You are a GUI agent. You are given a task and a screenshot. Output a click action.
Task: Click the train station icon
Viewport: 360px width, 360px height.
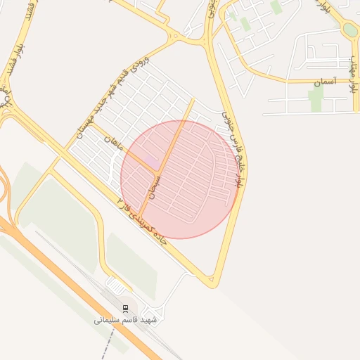coord(125,309)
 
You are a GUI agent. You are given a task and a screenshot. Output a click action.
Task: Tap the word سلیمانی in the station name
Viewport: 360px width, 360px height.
coord(107,320)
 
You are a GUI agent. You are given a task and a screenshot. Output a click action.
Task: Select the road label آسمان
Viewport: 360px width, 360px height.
coord(326,82)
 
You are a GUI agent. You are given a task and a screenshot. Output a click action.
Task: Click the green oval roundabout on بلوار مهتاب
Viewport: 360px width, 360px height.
coord(350,30)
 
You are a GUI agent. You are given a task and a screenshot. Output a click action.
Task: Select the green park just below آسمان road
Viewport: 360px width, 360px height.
coord(315,100)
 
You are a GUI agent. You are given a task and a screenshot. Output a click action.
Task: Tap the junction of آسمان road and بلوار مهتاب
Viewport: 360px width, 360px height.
coord(355,82)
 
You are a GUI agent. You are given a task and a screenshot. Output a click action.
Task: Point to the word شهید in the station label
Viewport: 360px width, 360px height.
coord(148,320)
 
